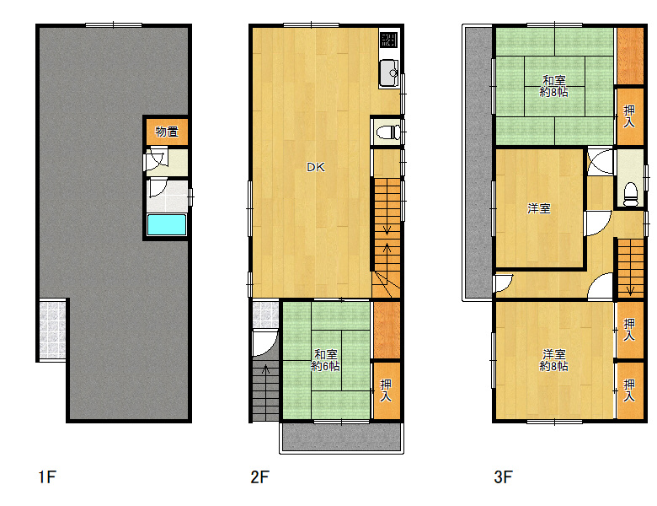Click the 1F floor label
[47, 477]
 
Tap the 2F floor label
[259, 477]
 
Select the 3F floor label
[503, 477]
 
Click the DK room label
[316, 168]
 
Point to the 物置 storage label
[167, 132]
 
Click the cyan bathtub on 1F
[167, 225]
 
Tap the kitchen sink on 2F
[389, 73]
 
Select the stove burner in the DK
[389, 40]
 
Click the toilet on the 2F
[388, 132]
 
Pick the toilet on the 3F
[630, 194]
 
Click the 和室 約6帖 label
[326, 360]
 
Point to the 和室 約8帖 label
[554, 86]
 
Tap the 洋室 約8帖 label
[554, 360]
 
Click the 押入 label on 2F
[386, 390]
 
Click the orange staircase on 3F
[630, 268]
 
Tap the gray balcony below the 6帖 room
[341, 437]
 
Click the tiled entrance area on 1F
[52, 329]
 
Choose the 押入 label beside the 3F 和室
[629, 116]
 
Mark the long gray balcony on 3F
[478, 163]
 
